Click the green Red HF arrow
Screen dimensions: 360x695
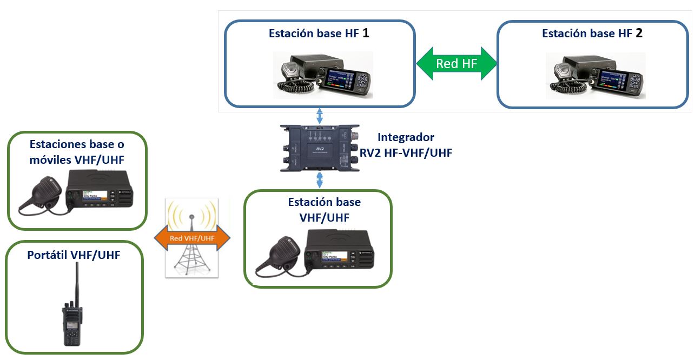pyautogui.click(x=456, y=64)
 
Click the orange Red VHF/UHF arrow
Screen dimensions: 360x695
pyautogui.click(x=192, y=238)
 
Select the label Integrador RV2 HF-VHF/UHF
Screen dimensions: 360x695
pyautogui.click(x=406, y=145)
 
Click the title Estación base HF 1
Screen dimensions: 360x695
pyautogui.click(x=319, y=34)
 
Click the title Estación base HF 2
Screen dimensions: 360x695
pyautogui.click(x=592, y=34)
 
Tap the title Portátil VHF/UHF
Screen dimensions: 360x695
pyautogui.click(x=74, y=255)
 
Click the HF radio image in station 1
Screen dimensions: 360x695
pyautogui.click(x=323, y=76)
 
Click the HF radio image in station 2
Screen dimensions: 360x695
pyautogui.click(x=595, y=76)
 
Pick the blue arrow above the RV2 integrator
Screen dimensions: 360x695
pyautogui.click(x=320, y=116)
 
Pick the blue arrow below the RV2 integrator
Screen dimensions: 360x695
pyautogui.click(x=320, y=179)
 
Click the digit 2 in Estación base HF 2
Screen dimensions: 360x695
pyautogui.click(x=639, y=33)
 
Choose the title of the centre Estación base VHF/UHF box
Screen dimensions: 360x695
pyautogui.click(x=324, y=210)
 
